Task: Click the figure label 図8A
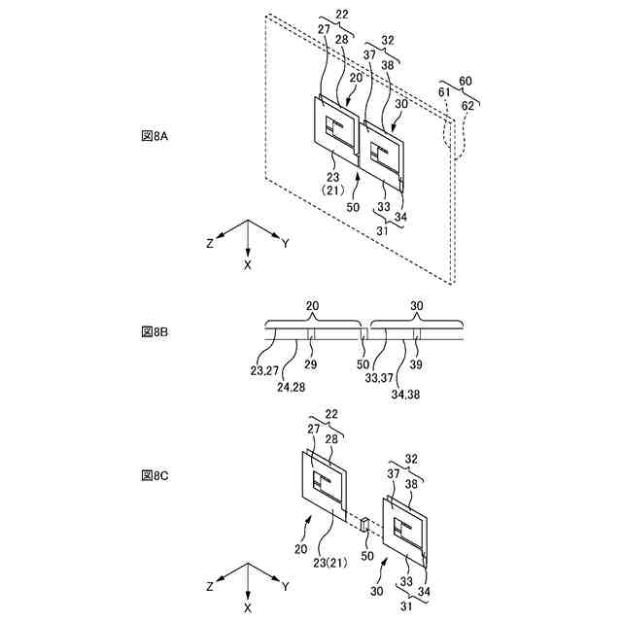tap(155, 137)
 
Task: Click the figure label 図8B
tap(155, 331)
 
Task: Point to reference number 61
tap(445, 91)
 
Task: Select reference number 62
tap(468, 104)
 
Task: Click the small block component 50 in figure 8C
tap(364, 525)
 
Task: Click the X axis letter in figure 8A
tap(248, 264)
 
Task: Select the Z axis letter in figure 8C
tap(210, 588)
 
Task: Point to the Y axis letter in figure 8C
tap(285, 588)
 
